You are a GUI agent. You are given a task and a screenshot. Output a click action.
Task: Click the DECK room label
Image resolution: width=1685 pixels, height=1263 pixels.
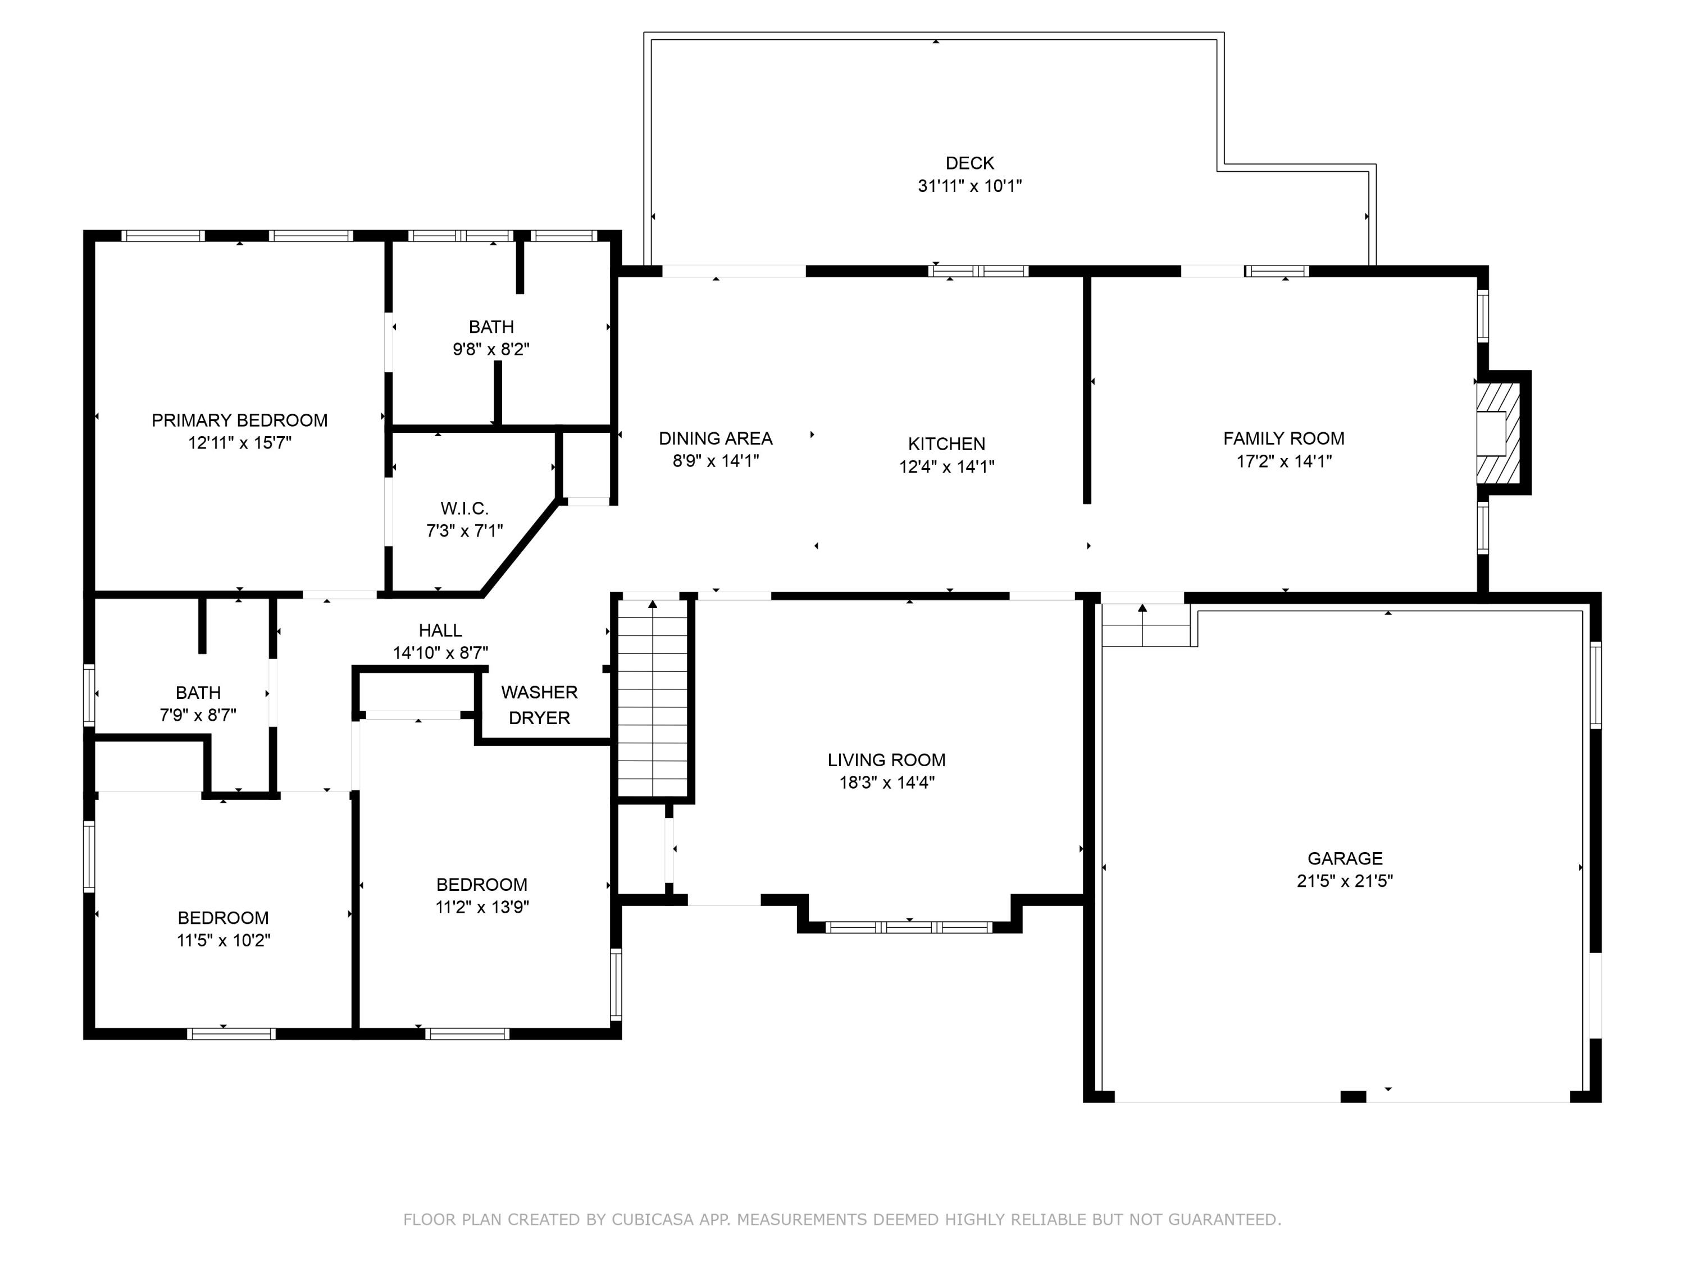coord(969,163)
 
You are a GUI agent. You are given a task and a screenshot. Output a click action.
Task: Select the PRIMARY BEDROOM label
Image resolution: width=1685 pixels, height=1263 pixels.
coord(239,420)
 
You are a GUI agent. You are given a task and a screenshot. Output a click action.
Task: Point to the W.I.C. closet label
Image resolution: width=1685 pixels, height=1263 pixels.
coord(464,508)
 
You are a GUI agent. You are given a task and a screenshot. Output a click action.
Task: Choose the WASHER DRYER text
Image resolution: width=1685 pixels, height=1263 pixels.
coord(539,705)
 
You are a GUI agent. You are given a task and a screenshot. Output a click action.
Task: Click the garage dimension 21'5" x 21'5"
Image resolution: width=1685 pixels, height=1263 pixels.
coord(1345,881)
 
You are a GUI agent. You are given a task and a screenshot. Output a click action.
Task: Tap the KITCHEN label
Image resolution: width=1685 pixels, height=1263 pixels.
coord(946,444)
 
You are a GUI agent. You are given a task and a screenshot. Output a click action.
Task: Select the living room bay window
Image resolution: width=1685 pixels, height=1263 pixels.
coord(909,927)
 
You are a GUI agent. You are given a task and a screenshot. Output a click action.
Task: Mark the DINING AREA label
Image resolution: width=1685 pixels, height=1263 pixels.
coord(716,438)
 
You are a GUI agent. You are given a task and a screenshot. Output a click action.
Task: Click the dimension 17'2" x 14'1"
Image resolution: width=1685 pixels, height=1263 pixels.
coord(1283,461)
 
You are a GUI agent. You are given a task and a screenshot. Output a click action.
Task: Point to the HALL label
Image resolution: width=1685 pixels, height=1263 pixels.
coord(440,630)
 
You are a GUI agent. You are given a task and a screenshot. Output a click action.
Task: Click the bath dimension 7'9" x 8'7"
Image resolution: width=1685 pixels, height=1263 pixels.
coord(198,715)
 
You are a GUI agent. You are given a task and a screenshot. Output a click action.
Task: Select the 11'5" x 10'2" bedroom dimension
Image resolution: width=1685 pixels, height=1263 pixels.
coord(223,940)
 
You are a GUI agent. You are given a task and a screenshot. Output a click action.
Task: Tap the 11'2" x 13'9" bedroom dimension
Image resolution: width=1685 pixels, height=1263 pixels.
coord(481,907)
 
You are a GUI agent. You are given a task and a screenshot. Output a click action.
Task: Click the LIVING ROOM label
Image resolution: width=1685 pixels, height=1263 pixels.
coord(887,760)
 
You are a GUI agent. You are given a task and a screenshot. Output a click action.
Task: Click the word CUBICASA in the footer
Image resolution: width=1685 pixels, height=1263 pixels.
coord(652,1220)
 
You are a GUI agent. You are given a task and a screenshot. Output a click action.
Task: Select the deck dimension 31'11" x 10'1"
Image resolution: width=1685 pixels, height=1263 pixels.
coord(969,186)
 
